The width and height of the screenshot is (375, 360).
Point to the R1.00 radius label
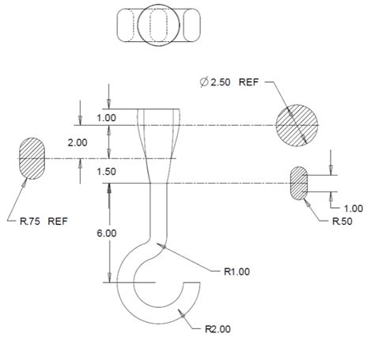[237, 271]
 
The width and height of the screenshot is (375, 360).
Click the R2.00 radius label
[218, 329]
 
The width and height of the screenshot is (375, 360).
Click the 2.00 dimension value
[78, 142]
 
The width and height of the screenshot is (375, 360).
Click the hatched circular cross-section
[297, 125]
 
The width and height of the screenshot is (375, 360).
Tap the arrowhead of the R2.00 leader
[183, 314]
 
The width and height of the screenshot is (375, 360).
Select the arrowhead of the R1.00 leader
[162, 246]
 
